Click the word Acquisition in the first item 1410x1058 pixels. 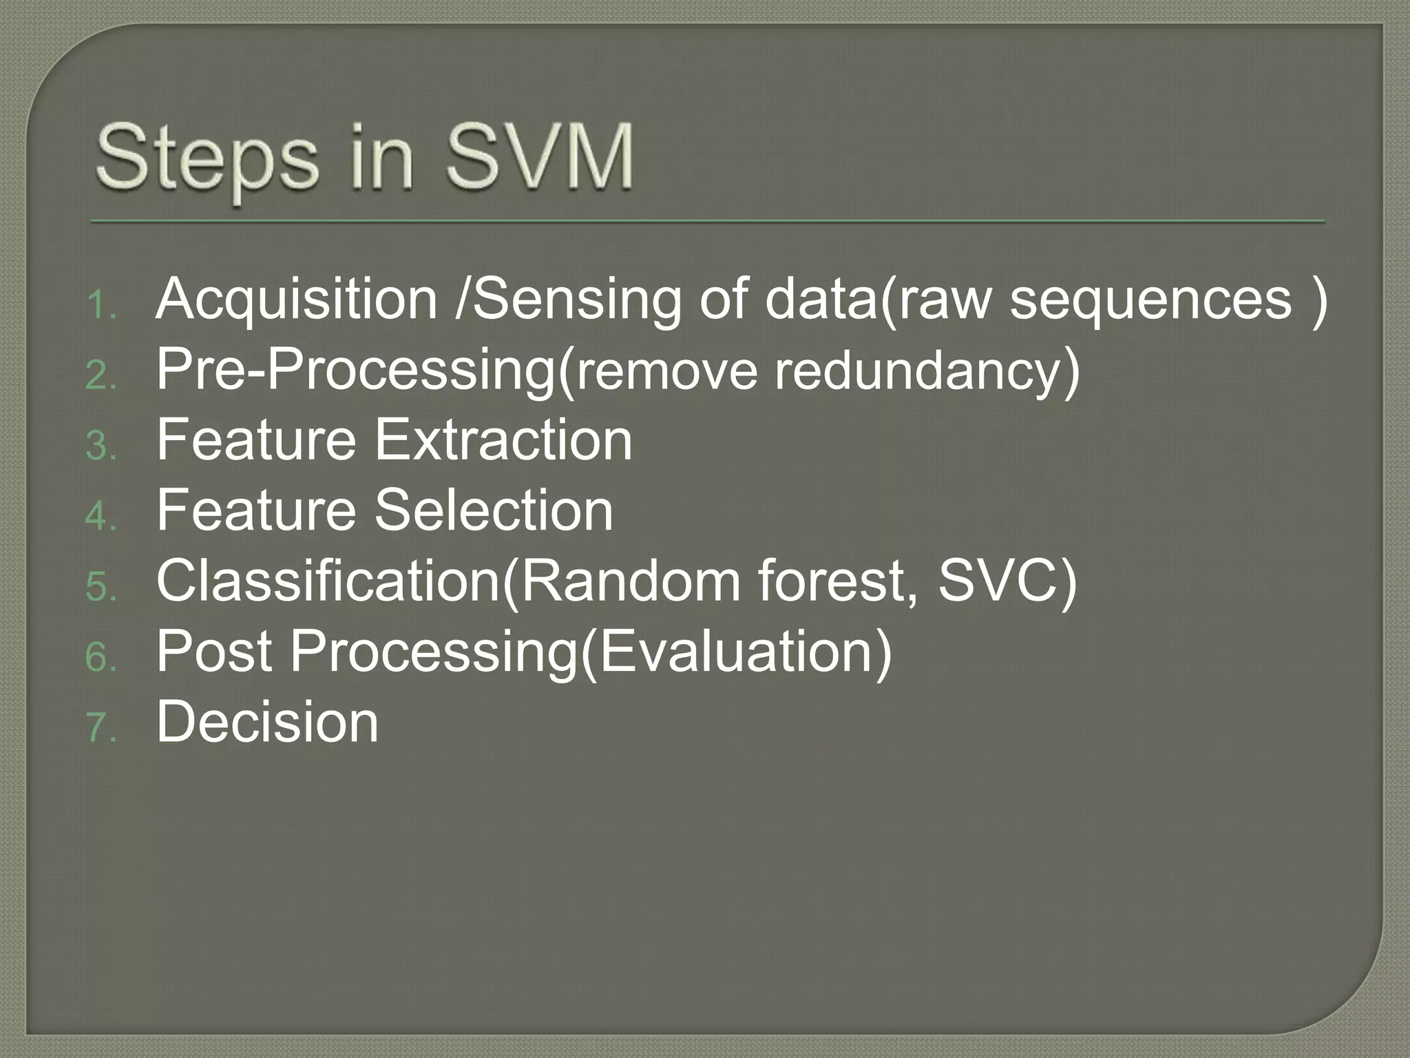pos(297,300)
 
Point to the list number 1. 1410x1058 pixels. pos(101,305)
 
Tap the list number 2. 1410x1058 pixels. pos(101,376)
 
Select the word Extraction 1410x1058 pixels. pos(503,440)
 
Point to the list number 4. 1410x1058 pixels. pos(101,517)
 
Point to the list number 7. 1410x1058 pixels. pos(101,727)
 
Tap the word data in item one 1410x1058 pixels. pos(820,300)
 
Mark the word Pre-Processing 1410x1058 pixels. pos(355,371)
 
